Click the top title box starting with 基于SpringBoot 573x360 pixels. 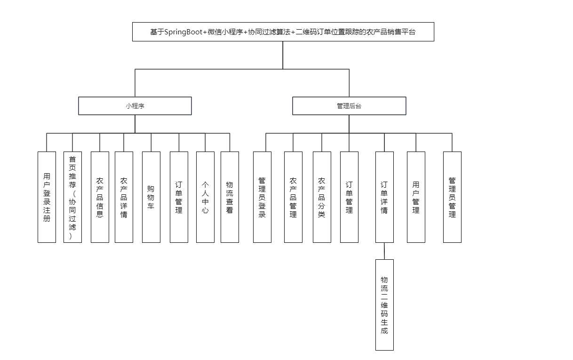point(283,32)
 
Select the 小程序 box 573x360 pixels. point(135,106)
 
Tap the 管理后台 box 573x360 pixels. point(349,106)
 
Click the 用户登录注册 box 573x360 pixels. point(47,197)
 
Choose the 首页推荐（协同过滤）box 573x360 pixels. point(72,197)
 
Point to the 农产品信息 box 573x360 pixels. point(100,197)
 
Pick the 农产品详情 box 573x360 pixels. point(124,197)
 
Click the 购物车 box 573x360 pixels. point(151,197)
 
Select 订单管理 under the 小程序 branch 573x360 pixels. point(179,197)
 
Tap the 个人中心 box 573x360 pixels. point(205,197)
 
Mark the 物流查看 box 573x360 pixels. point(230,197)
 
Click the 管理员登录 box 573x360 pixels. point(262,197)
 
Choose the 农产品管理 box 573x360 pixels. point(293,197)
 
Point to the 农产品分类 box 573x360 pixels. point(322,197)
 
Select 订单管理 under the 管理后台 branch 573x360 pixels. point(349,197)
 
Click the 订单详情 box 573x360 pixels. point(384,197)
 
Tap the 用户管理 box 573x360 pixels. point(416,197)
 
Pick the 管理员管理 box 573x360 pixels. point(452,197)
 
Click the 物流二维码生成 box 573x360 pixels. point(384,305)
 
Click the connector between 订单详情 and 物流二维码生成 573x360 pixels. point(384,251)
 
